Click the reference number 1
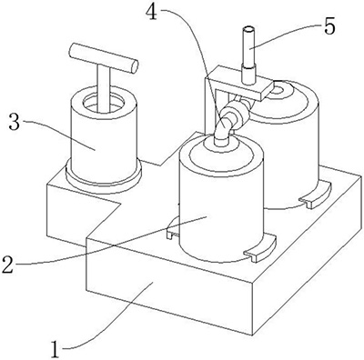(x=55, y=350)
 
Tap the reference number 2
(x=7, y=264)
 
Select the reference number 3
(x=15, y=122)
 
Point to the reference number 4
(x=151, y=12)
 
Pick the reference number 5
(x=329, y=26)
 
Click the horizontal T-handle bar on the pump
(x=104, y=58)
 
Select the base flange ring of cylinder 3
(x=104, y=179)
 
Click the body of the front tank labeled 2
(x=221, y=206)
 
